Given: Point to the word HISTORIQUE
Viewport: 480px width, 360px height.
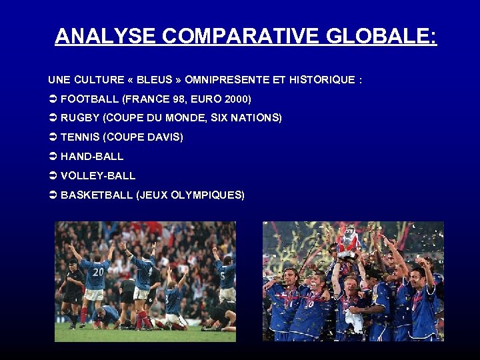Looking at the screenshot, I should click(x=321, y=80).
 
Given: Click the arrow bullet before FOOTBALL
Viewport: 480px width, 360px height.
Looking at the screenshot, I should click(x=53, y=99).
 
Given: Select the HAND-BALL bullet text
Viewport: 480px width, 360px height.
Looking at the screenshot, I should click(x=92, y=157).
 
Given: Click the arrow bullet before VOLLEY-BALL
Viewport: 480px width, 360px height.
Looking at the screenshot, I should click(x=53, y=176).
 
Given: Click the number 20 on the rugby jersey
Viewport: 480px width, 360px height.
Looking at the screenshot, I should click(x=98, y=271).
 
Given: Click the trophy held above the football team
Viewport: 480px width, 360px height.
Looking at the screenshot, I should click(x=348, y=240).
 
